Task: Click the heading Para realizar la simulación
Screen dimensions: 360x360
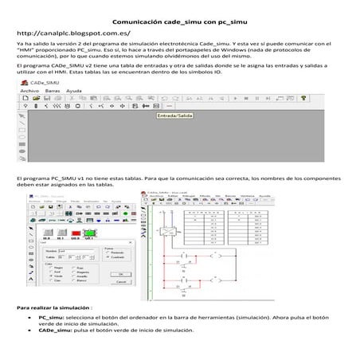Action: click(x=60, y=307)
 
